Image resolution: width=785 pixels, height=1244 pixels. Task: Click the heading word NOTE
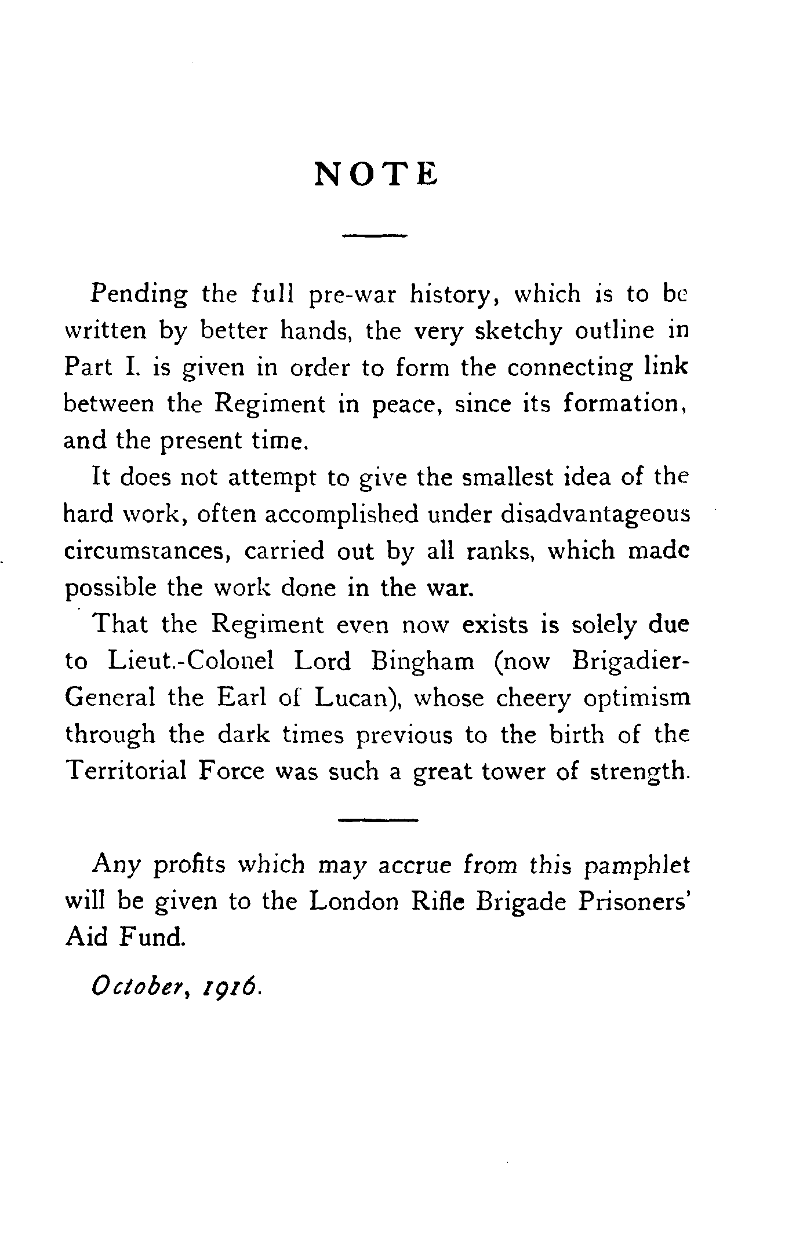pyautogui.click(x=376, y=173)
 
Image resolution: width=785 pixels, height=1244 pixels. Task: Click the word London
pyautogui.click(x=354, y=902)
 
